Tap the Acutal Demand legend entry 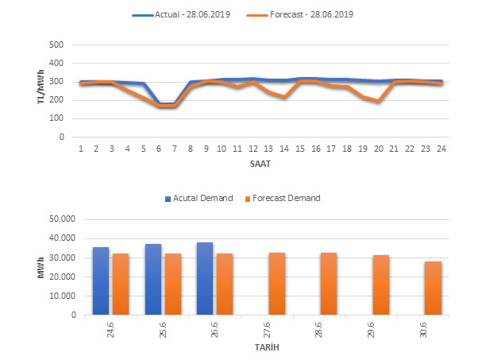[x=199, y=198]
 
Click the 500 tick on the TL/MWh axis [x=56, y=45]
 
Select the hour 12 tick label [x=253, y=149]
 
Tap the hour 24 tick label [x=441, y=149]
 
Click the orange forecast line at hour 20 [x=378, y=101]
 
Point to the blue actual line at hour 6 [x=159, y=104]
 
